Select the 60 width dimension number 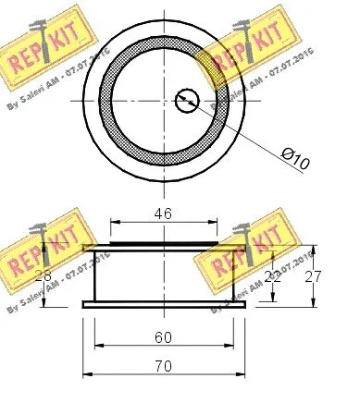click(x=164, y=337)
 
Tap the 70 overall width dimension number click(x=164, y=366)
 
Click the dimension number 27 click(x=313, y=275)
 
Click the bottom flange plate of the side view click(x=164, y=304)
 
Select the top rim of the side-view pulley click(x=164, y=247)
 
